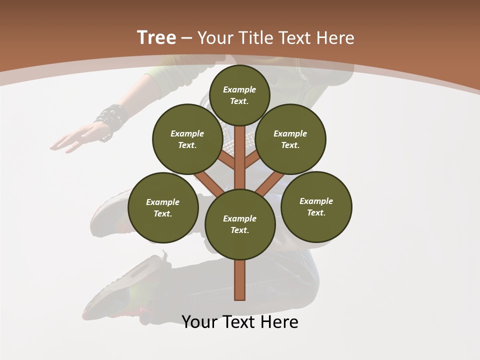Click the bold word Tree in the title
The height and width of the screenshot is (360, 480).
tap(156, 37)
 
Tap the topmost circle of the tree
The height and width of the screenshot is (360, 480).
tap(239, 95)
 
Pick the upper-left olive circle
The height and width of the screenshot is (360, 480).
tap(187, 139)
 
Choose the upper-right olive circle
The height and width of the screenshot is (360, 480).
tap(290, 139)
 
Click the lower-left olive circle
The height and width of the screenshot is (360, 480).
tap(163, 207)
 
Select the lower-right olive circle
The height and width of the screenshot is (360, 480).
tap(316, 206)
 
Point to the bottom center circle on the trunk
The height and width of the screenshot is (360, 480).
tap(240, 224)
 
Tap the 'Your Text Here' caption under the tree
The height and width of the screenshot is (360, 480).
tap(240, 322)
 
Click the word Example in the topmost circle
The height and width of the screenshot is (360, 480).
tap(239, 89)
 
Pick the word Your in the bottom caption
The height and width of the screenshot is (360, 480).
tap(199, 322)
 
